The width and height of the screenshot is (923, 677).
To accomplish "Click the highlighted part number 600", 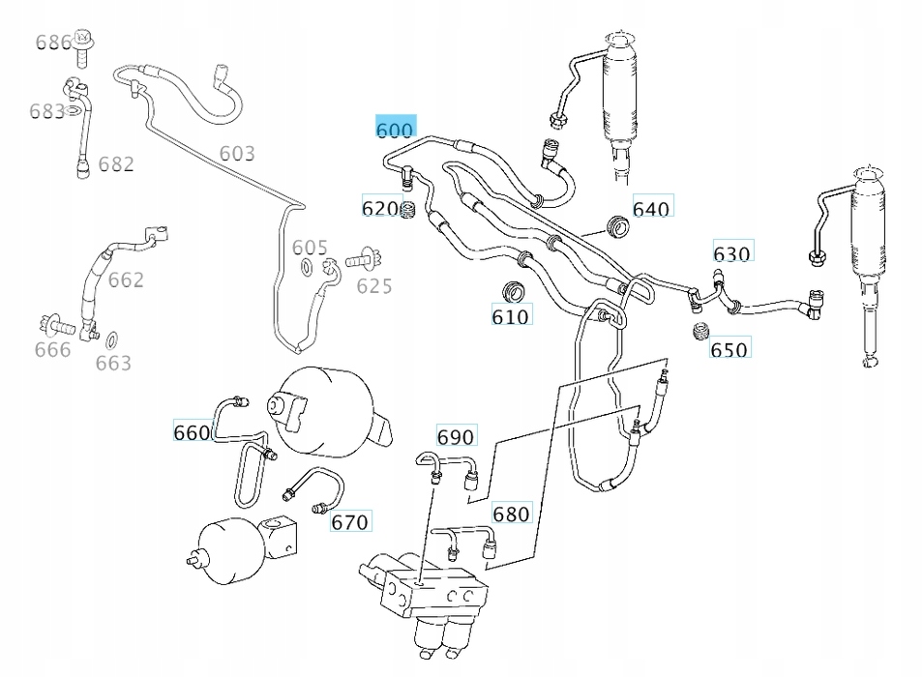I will click(x=394, y=129).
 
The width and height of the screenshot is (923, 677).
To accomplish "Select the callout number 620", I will click(x=379, y=208).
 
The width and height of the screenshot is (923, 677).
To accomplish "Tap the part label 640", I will click(x=651, y=208).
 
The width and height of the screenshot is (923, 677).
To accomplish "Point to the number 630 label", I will click(x=731, y=253).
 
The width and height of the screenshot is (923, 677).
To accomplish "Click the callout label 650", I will click(x=729, y=349).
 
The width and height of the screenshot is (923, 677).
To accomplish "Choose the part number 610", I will click(x=510, y=316).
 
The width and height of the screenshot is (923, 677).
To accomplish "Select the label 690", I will click(x=456, y=437).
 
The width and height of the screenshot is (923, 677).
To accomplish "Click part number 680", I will click(x=511, y=513).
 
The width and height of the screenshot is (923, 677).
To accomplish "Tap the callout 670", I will click(x=349, y=522).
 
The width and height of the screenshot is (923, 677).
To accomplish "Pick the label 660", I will click(x=192, y=432).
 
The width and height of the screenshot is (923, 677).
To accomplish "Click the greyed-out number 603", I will click(x=237, y=153).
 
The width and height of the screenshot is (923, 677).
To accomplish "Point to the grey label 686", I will click(x=53, y=43).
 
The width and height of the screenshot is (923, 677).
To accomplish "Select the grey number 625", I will click(x=373, y=285).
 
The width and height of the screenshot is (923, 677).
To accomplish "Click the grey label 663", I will click(x=113, y=363).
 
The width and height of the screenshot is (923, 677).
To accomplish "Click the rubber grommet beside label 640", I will click(x=616, y=225).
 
